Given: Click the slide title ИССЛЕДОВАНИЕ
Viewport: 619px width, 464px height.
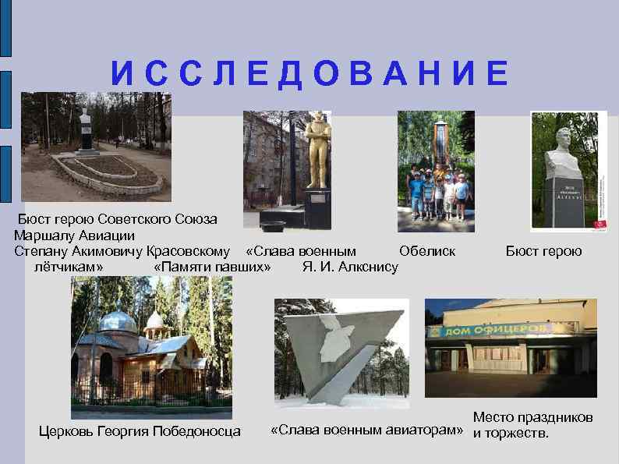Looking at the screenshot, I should [309, 73].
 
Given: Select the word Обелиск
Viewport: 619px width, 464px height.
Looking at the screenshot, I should [426, 251].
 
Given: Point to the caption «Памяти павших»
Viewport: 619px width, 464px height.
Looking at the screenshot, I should [213, 267].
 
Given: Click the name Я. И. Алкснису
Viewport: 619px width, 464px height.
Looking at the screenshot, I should [350, 267].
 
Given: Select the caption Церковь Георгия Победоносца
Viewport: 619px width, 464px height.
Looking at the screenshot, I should [140, 431].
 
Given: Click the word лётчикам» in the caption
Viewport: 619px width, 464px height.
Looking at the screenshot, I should [69, 267].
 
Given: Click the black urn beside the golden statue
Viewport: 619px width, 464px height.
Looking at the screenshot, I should [273, 227].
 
